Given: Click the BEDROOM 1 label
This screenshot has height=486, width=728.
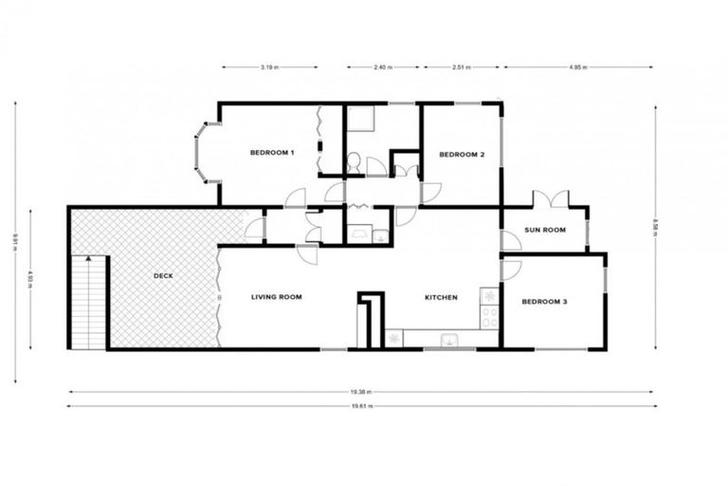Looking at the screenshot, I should coord(272,153).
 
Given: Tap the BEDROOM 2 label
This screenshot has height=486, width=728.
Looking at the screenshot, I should coord(462,154).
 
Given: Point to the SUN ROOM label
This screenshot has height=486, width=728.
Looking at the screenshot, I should coord(545,230).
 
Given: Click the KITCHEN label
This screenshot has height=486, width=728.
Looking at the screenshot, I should coord(441,297).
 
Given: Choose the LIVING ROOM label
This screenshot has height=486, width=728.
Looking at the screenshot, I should coord(276,297).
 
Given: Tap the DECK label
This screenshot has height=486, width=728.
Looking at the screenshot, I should coord(163,276).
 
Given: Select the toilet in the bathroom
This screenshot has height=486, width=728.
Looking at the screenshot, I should coord(353,163).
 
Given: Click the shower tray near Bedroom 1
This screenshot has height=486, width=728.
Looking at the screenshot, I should coord(360,120).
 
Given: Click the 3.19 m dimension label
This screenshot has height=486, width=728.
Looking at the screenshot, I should coord(270,67).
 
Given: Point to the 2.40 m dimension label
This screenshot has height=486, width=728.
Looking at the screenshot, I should coord(383,67).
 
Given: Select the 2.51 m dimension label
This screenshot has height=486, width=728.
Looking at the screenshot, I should coord(461,67).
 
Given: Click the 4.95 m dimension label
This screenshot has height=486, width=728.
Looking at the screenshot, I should coord(578,67).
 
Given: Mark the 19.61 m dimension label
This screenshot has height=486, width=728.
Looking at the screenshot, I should coord(361,406).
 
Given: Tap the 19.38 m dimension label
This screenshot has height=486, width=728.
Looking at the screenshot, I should coord(361,391).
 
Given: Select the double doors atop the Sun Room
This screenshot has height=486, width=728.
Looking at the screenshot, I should coord(551,199).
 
